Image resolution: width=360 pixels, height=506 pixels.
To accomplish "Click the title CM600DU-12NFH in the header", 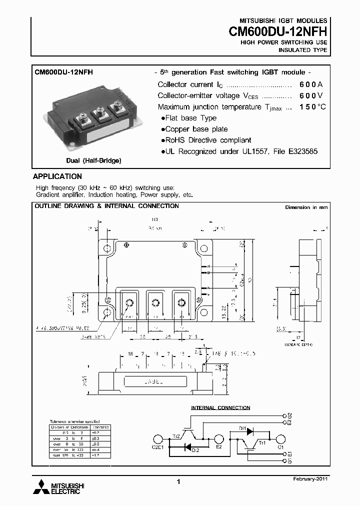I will tap(278, 32).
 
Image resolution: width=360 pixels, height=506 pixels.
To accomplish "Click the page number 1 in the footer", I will tap(178, 481).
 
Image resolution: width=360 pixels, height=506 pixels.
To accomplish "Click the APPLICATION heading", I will tap(57, 176).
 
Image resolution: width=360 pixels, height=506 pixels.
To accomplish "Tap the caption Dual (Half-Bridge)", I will tap(93, 160).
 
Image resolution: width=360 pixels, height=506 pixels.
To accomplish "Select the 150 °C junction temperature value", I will tap(312, 107).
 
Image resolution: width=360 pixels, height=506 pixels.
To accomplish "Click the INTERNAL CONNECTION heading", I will tap(220, 408).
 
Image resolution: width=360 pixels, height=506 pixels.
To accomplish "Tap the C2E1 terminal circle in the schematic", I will tap(157, 439).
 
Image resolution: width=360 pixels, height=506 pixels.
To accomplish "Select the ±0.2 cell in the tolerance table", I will tap(100, 432).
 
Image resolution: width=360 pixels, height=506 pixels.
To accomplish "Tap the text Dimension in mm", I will tap(306, 207).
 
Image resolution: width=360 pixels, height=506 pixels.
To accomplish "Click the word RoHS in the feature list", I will tap(176, 140).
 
